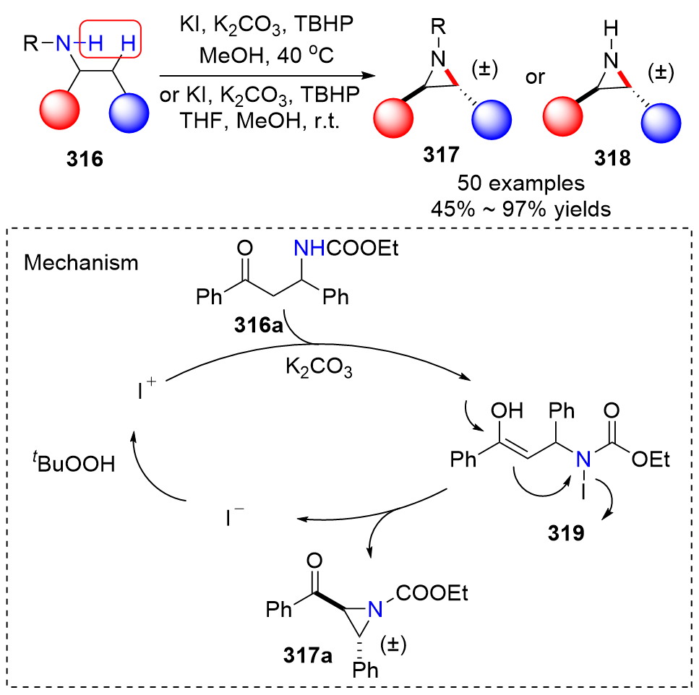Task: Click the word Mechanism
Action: pyautogui.click(x=81, y=263)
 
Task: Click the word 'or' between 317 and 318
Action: pyautogui.click(x=536, y=77)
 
